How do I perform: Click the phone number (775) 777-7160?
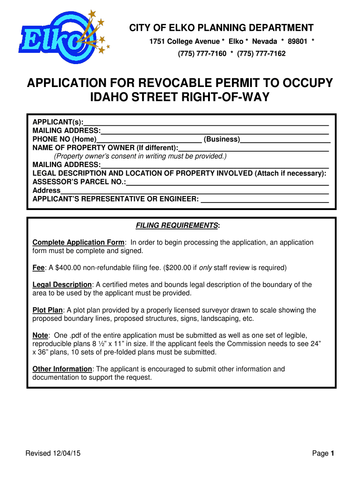tap(202, 53)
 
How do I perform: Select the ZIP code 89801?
tap(297, 41)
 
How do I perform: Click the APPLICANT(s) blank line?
tap(206, 122)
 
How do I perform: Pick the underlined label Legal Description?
tap(62, 285)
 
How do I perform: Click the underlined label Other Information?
tap(62, 369)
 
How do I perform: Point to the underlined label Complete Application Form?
tap(78, 242)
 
